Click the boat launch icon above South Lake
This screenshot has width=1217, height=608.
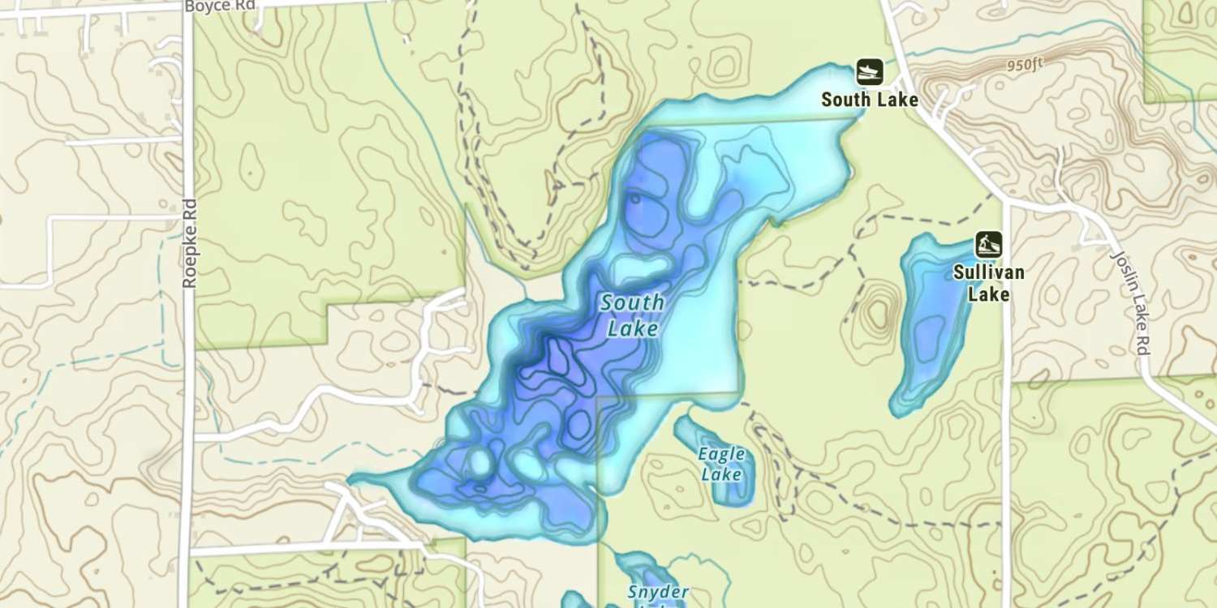(869, 72)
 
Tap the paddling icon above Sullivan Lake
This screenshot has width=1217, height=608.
(988, 244)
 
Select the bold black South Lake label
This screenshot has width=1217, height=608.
(870, 100)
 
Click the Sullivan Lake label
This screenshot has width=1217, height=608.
(988, 283)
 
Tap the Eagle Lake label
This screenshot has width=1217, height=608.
(721, 464)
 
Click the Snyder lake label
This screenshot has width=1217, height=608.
(658, 593)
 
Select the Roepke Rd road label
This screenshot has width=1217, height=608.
(190, 244)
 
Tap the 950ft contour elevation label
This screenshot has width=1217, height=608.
(1025, 65)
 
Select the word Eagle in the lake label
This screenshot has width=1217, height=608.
(720, 454)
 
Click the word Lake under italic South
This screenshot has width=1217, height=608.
(632, 329)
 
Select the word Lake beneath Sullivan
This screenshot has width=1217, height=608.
(988, 293)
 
